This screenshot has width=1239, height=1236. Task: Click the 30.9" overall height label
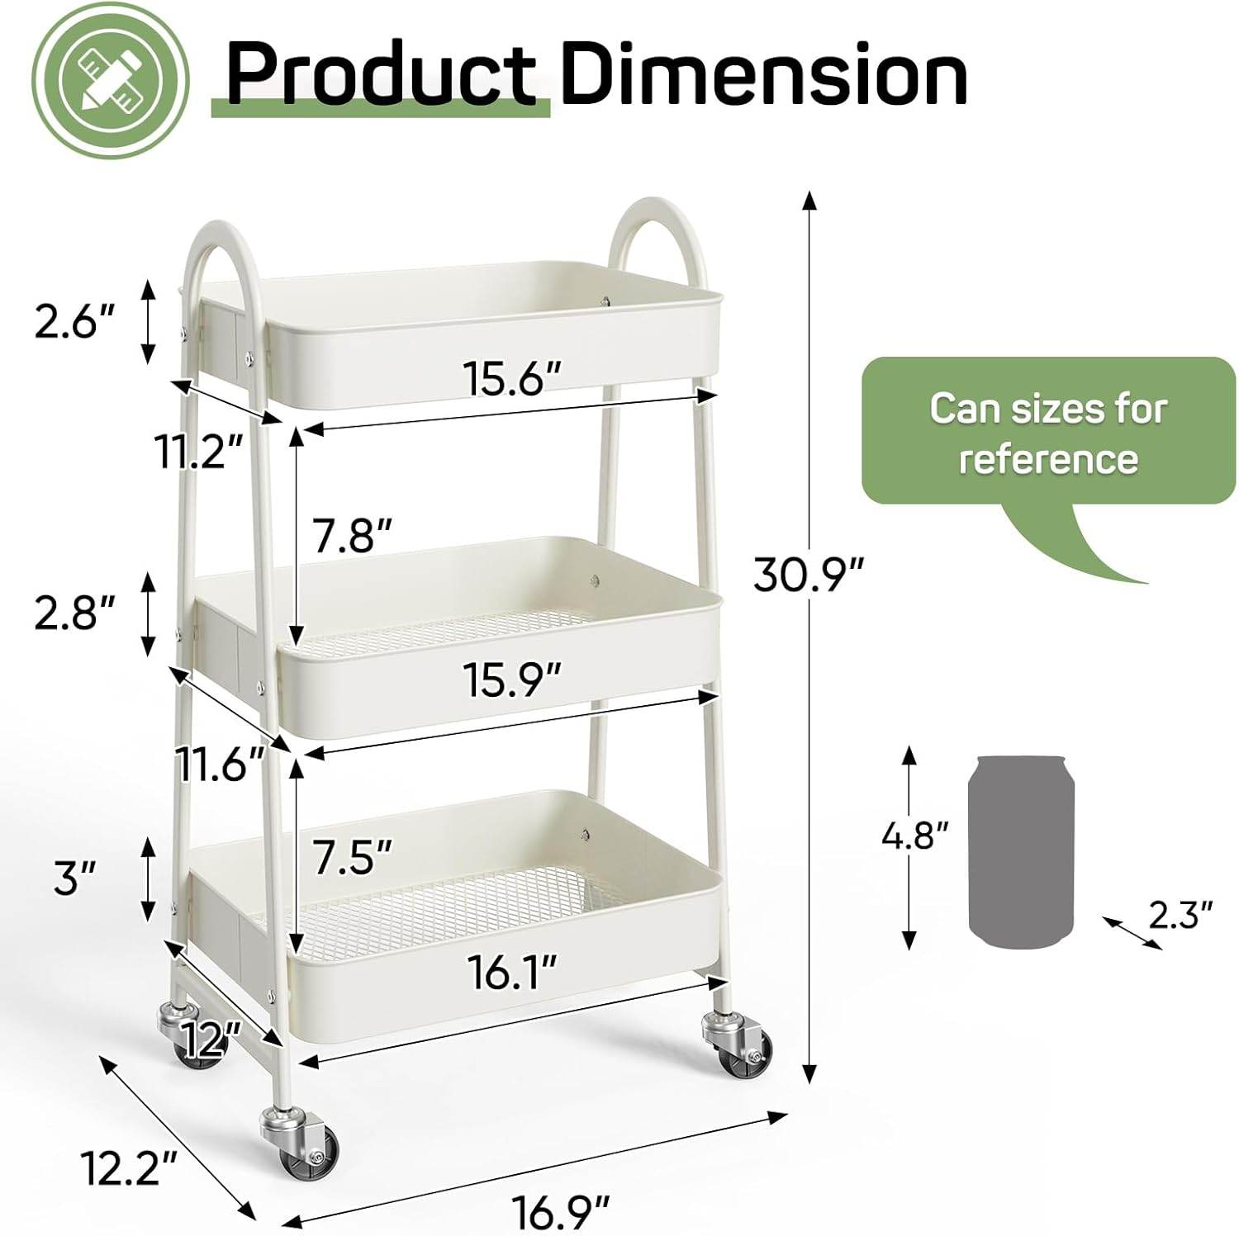[x=808, y=575]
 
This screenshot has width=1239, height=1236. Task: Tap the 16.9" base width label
[x=561, y=1211]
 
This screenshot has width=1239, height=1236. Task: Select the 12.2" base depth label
[x=130, y=1167]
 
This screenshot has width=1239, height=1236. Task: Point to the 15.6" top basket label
[x=512, y=379]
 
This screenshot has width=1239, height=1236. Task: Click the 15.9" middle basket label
[x=512, y=680]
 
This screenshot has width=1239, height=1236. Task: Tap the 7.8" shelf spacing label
[x=351, y=537]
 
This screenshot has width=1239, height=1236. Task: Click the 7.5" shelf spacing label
[x=351, y=856]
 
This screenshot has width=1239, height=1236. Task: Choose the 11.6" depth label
[x=220, y=765]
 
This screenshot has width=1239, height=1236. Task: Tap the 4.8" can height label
[x=914, y=836]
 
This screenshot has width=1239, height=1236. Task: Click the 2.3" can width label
[x=1180, y=915]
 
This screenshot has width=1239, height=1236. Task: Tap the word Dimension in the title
[x=763, y=76]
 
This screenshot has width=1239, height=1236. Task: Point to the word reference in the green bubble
[x=1048, y=459]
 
